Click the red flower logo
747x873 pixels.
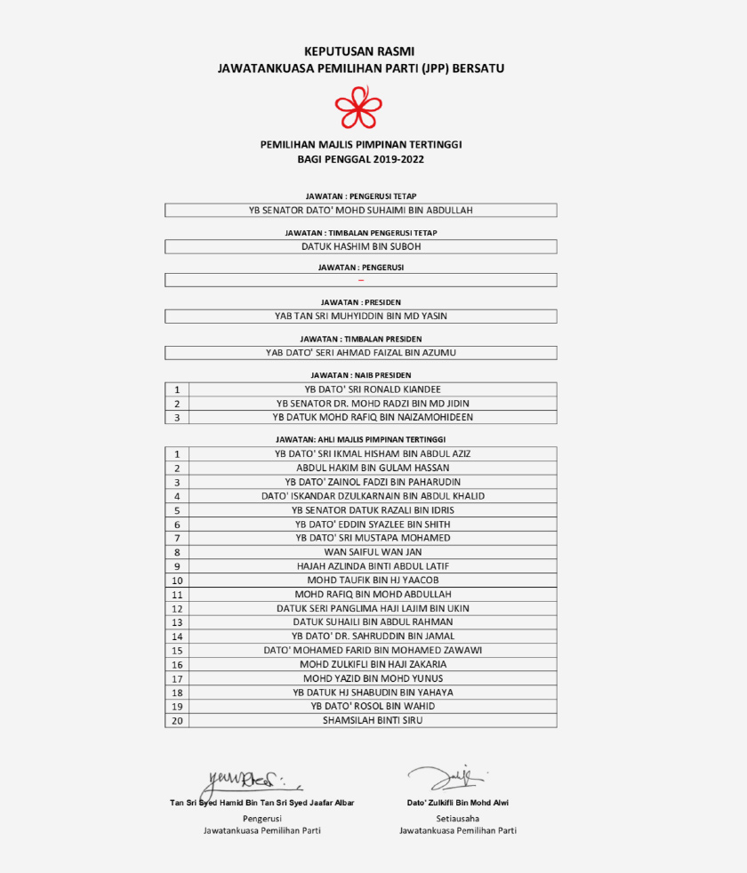pyautogui.click(x=358, y=108)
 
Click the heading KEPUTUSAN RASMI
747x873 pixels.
pyautogui.click(x=359, y=52)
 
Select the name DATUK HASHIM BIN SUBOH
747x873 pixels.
pyautogui.click(x=361, y=246)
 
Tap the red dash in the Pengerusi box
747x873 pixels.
pyautogui.click(x=361, y=280)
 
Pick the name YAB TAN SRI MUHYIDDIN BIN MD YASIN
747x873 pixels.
pyautogui.click(x=361, y=316)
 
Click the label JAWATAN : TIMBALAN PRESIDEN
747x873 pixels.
pyautogui.click(x=361, y=339)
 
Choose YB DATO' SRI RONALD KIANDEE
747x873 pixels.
pyautogui.click(x=373, y=388)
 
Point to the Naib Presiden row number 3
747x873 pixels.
pyautogui.click(x=177, y=417)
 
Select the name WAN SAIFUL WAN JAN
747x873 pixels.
pyautogui.click(x=373, y=552)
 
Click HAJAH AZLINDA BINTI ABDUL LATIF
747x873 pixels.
pyautogui.click(x=373, y=565)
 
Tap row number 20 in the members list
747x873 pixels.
pyautogui.click(x=177, y=721)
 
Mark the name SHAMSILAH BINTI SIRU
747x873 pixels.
pyautogui.click(x=373, y=720)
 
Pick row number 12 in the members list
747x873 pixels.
pyautogui.click(x=177, y=609)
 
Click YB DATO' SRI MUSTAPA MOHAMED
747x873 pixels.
pyautogui.click(x=373, y=538)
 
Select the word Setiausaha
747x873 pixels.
pyautogui.click(x=458, y=817)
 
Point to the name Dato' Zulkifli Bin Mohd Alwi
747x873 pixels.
pyautogui.click(x=458, y=803)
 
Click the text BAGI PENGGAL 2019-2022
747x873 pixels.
pyautogui.click(x=361, y=160)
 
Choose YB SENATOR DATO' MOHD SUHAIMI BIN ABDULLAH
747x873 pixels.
pyautogui.click(x=361, y=211)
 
